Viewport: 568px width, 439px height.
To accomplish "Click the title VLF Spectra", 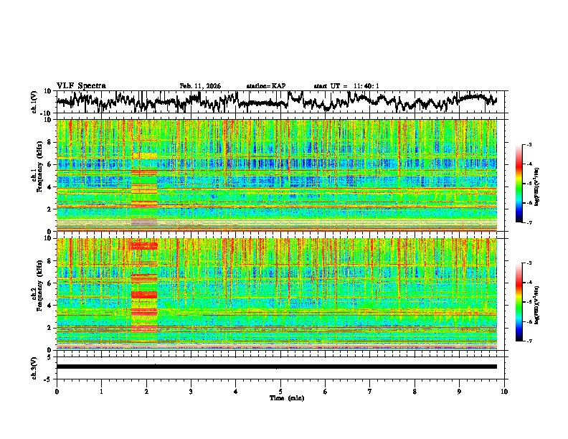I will point(81,85).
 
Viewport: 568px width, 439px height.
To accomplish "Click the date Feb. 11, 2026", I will point(200,86).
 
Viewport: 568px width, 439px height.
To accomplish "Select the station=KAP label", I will point(265,86).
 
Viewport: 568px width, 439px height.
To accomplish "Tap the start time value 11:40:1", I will point(365,86).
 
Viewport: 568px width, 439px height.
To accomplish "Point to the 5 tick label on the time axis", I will point(280,392).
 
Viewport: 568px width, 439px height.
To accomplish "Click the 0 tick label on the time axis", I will point(57,392).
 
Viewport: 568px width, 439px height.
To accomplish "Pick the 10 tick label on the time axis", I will point(504,392).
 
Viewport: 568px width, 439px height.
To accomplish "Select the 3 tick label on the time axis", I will point(191,392).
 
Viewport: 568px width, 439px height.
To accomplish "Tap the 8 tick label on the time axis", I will point(415,392).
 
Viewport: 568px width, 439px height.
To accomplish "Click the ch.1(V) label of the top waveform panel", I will point(34,102).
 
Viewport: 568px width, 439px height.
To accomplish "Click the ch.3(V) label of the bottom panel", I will point(34,366).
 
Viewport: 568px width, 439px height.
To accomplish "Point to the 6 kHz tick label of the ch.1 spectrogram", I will point(49,164).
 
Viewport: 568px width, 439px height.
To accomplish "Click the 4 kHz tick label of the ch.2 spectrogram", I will point(49,305).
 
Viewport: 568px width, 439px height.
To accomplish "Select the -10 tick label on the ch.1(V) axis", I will point(46,113).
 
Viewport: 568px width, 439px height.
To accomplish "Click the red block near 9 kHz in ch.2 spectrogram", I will point(143,246).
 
